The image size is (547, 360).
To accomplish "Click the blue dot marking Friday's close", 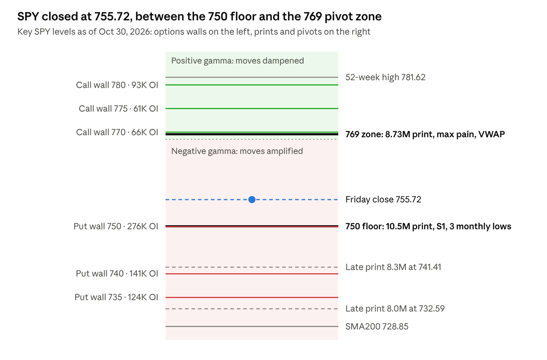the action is (252, 200).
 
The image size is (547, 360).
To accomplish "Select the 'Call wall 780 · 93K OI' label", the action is (117, 85).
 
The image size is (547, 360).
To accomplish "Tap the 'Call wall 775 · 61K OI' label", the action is (118, 108).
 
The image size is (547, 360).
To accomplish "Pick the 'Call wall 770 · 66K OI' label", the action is (117, 132).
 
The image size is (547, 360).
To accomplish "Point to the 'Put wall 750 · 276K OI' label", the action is (116, 226).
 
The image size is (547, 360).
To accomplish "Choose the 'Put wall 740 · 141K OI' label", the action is (117, 274).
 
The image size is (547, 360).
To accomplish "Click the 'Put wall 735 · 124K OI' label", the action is (116, 297).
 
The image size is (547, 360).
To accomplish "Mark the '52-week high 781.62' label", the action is (385, 77).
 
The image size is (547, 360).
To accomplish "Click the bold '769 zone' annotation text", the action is (425, 134).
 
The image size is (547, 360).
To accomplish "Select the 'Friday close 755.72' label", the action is (383, 200).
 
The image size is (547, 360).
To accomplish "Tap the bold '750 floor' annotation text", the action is (428, 226).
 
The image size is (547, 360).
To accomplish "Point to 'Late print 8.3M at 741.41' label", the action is (393, 267).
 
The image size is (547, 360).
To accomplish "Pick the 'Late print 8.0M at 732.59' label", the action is (395, 308).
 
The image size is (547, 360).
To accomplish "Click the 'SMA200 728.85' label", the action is (377, 327).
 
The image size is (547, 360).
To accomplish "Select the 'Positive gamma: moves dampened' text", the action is (237, 61).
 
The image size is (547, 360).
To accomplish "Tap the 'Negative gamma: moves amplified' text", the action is (237, 151).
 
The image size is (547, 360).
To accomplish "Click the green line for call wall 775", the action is (252, 108).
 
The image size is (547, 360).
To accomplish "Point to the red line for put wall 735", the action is (252, 297).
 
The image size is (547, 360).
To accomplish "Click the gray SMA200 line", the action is (252, 327).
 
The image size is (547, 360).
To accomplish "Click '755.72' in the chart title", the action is (112, 17).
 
